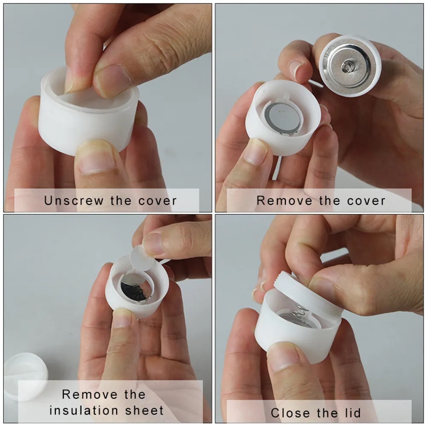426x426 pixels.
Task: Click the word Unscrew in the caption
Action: [x=74, y=201]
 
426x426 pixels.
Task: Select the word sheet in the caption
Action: [x=144, y=411]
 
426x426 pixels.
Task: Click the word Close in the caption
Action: [x=290, y=413]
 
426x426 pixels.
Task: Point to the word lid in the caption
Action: [x=353, y=413]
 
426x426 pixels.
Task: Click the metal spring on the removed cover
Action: [x=348, y=66]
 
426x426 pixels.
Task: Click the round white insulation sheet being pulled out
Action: [x=142, y=258]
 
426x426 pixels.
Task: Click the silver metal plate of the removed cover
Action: [x=348, y=67]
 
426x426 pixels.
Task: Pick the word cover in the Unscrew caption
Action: [x=158, y=201]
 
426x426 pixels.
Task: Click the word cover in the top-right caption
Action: [x=366, y=201]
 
